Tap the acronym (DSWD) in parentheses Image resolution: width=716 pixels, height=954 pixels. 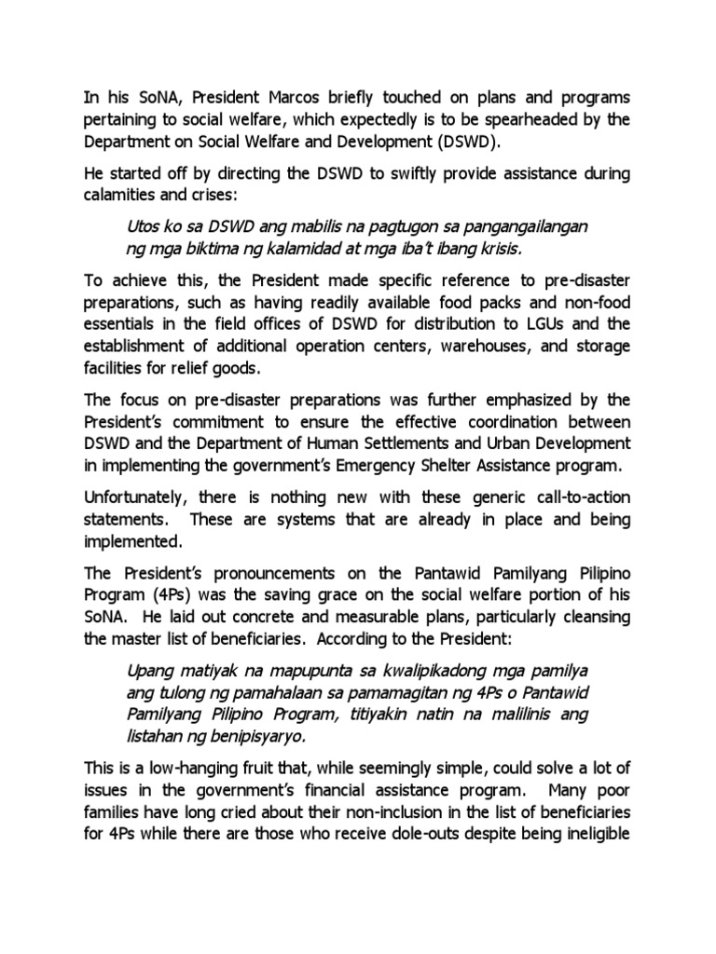(465, 143)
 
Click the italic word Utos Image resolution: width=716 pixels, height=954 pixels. (143, 228)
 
